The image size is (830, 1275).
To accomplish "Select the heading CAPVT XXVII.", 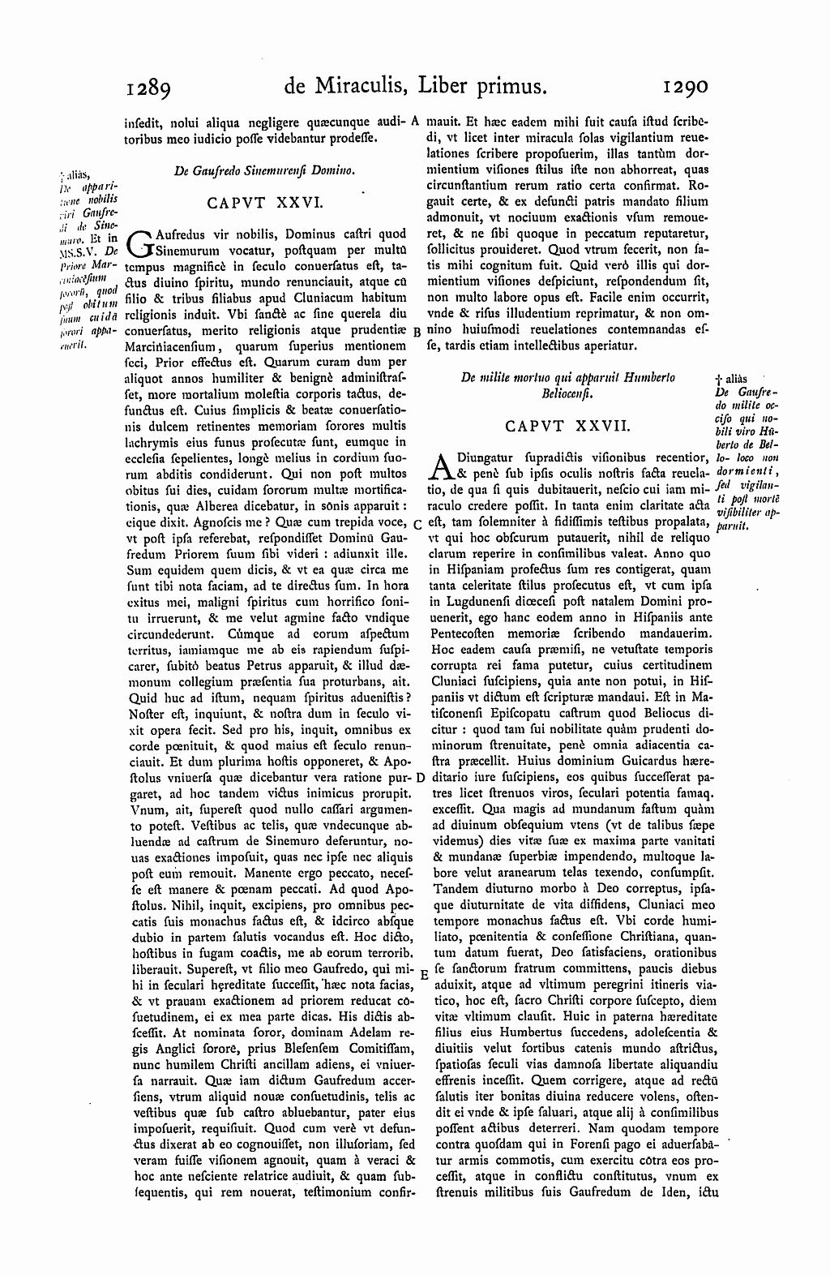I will click(564, 424).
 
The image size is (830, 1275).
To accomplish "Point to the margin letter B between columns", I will click(416, 332).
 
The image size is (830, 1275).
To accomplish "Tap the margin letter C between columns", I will click(417, 524).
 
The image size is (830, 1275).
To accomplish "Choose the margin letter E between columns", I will click(424, 977).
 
